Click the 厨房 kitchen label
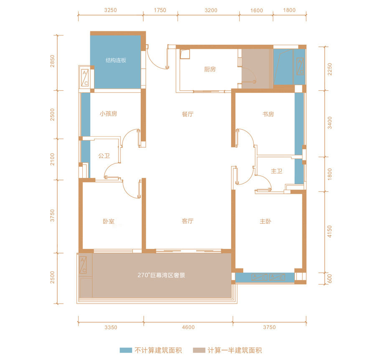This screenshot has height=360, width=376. tap(210, 69)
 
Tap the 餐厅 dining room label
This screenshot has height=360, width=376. tap(188, 114)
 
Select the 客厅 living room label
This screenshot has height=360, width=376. tap(188, 221)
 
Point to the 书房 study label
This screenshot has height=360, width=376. tap(268, 114)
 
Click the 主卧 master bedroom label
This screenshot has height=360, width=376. tap(265, 221)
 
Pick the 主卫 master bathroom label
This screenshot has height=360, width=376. tap(277, 171)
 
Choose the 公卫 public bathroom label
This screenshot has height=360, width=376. tap(104, 156)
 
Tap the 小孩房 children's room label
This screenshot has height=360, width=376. tap(108, 114)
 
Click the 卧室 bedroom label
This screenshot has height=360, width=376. tap(109, 221)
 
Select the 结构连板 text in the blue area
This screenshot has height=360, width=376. tap(116, 60)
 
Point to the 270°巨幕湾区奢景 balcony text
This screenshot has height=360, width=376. tap(161, 275)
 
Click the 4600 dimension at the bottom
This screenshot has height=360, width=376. tap(188, 327)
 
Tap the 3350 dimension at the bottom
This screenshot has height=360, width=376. tap(111, 327)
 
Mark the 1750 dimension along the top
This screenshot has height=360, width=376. tap(160, 10)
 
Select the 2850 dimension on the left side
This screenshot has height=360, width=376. tap(52, 61)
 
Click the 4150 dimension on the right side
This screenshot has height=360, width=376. tap(330, 231)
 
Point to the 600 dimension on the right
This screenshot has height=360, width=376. tap(330, 279)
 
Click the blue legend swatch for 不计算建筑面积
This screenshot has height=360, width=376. tap(126, 350)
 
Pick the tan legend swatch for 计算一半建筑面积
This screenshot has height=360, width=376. tap(199, 350)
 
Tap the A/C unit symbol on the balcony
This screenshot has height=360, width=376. tap(83, 265)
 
